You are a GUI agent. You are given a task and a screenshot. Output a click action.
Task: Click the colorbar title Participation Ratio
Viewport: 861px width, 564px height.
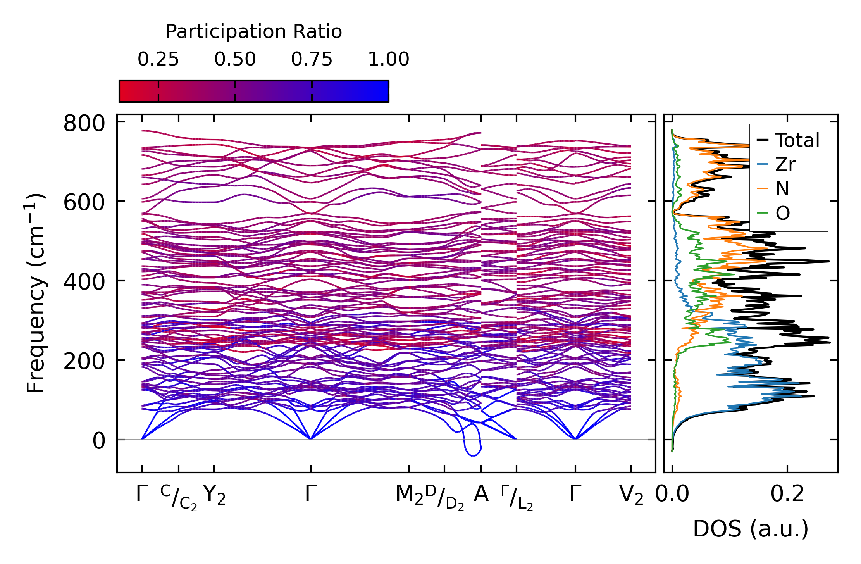[x=254, y=32]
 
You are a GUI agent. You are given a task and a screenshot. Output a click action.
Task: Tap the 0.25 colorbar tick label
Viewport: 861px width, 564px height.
[x=158, y=60]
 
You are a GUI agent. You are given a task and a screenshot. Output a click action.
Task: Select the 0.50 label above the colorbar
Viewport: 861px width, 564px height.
[x=235, y=60]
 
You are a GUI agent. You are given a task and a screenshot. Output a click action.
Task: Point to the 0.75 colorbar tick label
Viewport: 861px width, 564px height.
[x=312, y=60]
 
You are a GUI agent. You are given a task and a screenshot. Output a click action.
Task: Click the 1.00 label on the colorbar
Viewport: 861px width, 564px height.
[x=388, y=60]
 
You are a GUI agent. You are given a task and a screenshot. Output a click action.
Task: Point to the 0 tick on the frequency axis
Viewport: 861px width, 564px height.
[x=99, y=441]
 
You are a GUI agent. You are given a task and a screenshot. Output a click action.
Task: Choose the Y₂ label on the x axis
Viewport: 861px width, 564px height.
[x=214, y=495]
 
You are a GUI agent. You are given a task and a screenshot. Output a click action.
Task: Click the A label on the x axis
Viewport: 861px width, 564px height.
[x=481, y=494]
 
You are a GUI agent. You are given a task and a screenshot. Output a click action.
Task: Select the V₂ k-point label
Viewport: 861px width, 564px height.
[x=631, y=495]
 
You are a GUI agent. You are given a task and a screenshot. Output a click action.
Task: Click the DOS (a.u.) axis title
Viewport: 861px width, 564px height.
[x=751, y=529]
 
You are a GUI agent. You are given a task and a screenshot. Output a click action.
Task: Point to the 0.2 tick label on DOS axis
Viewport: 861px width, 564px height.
[x=787, y=494]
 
